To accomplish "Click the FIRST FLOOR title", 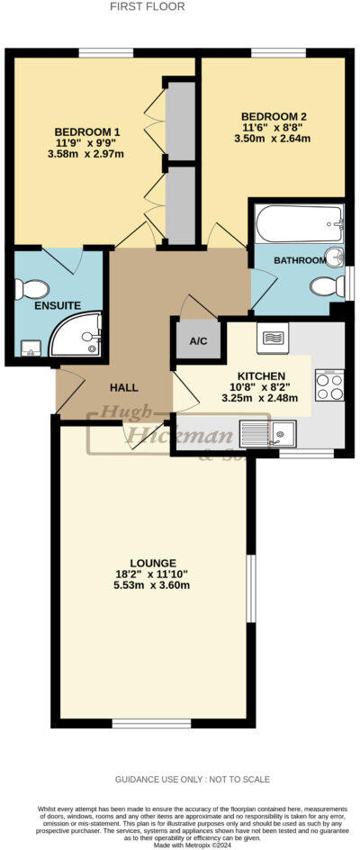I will pos(148,6).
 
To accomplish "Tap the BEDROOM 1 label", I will pos(86,132).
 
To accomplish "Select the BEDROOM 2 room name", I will pos(274,116).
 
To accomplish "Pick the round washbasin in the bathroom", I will pos(335,257).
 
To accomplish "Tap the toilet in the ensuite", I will pos(32,289).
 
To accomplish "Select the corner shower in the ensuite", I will pos(76,335).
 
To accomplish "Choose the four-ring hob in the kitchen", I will pos(328,386).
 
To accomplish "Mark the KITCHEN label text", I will pos(261,375).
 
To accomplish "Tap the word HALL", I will pos(123,387).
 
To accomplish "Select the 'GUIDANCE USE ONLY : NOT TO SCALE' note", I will pos(192,779).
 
